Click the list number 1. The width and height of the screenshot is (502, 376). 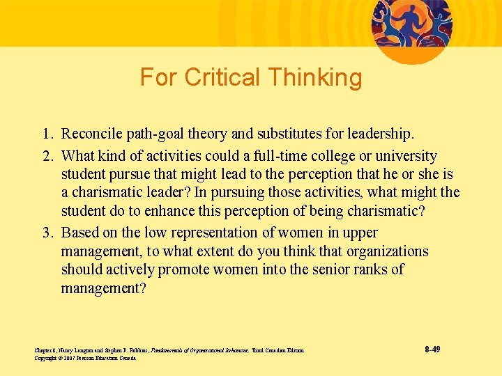point(45,132)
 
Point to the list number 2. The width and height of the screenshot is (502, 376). point(45,156)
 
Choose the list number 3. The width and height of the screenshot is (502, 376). point(45,233)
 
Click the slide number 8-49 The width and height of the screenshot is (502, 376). point(432,349)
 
